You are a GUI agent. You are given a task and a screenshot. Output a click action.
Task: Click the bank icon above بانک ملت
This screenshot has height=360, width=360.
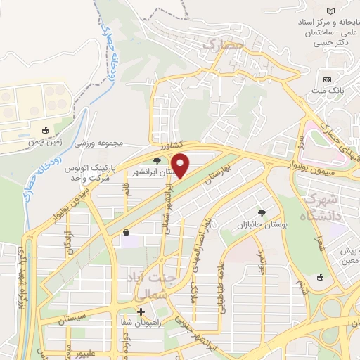pyautogui.click(x=327, y=78)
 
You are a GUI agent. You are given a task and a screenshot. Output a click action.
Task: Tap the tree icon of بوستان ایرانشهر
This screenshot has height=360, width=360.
pyautogui.click(x=156, y=160)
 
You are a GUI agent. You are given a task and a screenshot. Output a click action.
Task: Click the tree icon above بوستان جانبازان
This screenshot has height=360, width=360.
pyautogui.click(x=262, y=212)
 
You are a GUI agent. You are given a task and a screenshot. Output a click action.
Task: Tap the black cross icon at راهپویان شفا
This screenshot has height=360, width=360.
pyautogui.click(x=141, y=311)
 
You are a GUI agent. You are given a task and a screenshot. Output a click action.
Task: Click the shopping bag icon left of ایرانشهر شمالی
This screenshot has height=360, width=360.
pyautogui.click(x=126, y=233)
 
